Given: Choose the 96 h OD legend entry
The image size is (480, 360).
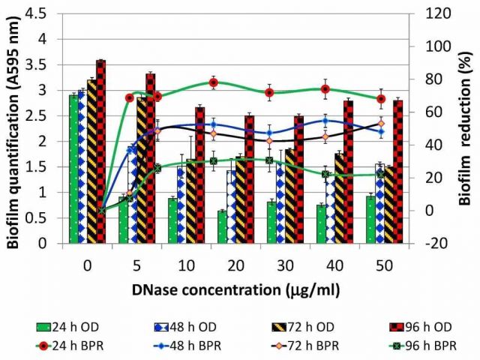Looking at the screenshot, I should point(415,327).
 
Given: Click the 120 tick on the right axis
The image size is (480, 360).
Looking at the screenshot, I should point(439,13).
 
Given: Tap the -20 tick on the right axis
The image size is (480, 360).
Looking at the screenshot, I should point(437,243).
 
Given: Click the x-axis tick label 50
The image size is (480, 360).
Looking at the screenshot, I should point(382,264).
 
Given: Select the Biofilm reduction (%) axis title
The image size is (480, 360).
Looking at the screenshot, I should point(466,127).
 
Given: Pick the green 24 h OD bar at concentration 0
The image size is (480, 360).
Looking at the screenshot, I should point(73,169).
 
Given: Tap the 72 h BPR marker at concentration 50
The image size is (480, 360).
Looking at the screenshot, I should point(381,124).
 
